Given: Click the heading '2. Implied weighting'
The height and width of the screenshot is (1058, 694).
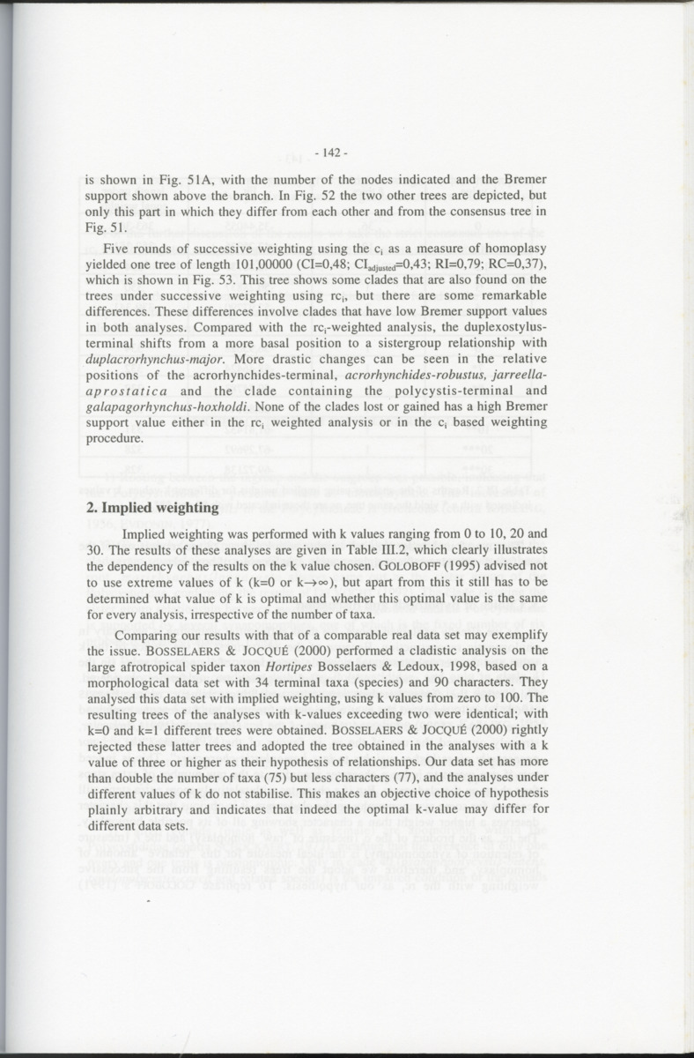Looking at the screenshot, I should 151,508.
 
